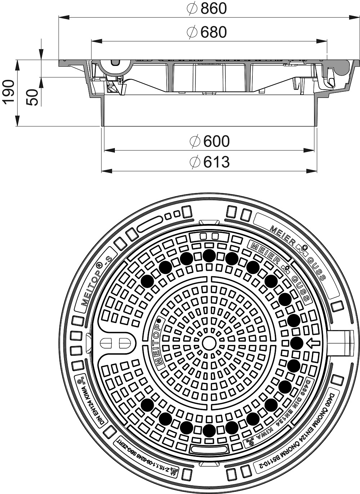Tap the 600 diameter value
coord(216,142)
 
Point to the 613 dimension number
coord(216,162)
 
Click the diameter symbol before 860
coord(193,9)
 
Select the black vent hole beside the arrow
coord(297,343)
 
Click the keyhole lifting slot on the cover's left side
coord(113,343)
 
